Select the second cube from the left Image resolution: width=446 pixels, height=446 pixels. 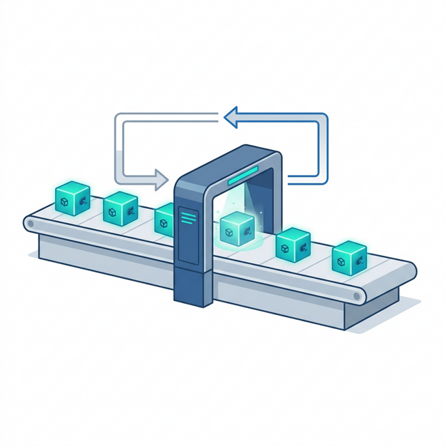tap(121, 208)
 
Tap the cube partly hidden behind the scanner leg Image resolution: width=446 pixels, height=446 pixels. tap(164, 218)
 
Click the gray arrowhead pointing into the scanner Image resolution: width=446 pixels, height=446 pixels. tap(162, 178)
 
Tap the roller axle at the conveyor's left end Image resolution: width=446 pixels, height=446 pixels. tap(30, 224)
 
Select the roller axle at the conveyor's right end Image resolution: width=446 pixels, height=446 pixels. tap(357, 296)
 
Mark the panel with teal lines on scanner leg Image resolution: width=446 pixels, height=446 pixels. tap(189, 218)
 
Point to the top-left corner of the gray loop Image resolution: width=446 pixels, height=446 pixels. tap(119, 118)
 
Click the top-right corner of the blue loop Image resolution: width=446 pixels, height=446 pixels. tap(323, 118)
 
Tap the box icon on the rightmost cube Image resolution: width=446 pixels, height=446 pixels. tap(341, 262)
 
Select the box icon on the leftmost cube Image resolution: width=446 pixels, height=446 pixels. tap(64, 201)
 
